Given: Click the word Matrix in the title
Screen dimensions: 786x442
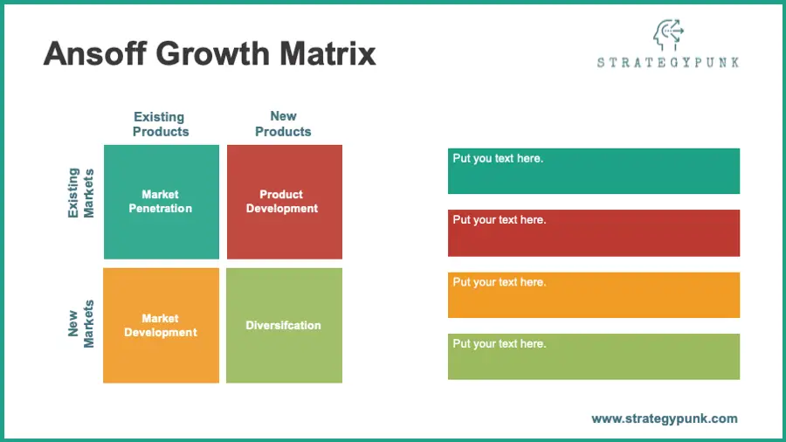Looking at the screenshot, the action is tap(327, 53).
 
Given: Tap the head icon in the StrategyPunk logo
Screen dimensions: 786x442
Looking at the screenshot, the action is tap(668, 35).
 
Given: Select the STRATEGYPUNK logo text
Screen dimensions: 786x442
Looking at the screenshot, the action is tap(668, 63).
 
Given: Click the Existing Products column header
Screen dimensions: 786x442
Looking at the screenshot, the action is tap(161, 124).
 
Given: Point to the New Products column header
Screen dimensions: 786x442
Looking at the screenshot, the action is tap(283, 124).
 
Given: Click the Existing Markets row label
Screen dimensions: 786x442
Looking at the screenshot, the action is tap(80, 193).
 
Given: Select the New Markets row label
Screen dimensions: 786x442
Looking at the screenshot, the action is tap(80, 324).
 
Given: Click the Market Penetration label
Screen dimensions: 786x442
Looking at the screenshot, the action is tap(161, 202).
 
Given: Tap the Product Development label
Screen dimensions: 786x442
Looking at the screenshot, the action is tap(282, 202).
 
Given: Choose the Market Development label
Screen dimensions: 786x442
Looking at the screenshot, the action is tap(161, 325).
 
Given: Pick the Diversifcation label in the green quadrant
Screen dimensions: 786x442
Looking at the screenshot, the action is tap(283, 325).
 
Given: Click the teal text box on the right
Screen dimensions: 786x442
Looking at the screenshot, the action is tap(594, 171).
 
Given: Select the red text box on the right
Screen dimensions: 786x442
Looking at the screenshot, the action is tap(594, 233).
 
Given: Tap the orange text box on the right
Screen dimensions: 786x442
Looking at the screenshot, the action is tap(594, 295).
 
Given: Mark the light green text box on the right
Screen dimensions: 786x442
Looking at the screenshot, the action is tap(594, 356).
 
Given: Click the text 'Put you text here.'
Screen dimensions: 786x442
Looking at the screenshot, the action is tap(498, 159).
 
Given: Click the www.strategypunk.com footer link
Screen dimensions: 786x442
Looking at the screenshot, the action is tap(665, 419).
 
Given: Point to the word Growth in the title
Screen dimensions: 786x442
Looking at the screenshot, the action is tap(213, 53).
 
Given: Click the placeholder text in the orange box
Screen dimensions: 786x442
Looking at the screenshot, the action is tap(500, 283).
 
